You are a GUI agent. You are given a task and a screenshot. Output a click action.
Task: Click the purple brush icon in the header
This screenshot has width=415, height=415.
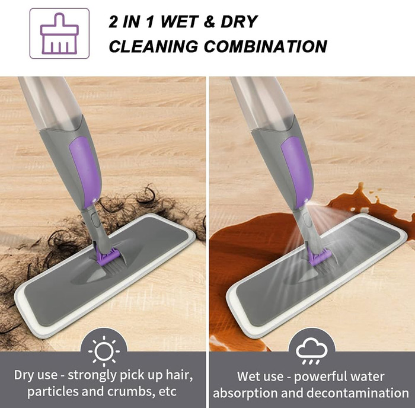(x=59, y=33)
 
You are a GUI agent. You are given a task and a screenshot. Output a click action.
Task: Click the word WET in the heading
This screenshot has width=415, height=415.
(x=181, y=22)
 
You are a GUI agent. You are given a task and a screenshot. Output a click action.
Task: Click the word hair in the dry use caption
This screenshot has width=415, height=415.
(x=176, y=376)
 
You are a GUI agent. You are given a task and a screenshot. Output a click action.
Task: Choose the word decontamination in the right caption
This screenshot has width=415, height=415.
(x=353, y=392)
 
